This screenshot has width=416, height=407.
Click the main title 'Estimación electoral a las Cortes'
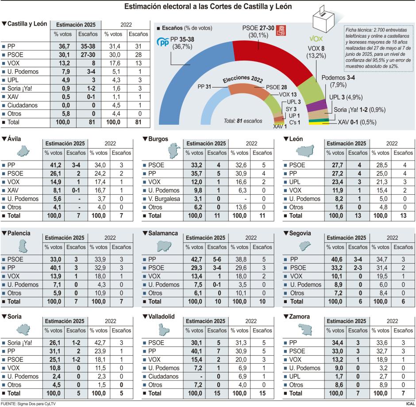click(208, 7)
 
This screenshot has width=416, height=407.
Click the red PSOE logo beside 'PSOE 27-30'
click(280, 31)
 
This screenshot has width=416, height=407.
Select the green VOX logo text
click(317, 38)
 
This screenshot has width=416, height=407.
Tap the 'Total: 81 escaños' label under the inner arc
click(243, 120)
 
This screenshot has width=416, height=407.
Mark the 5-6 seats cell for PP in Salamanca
click(217, 258)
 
